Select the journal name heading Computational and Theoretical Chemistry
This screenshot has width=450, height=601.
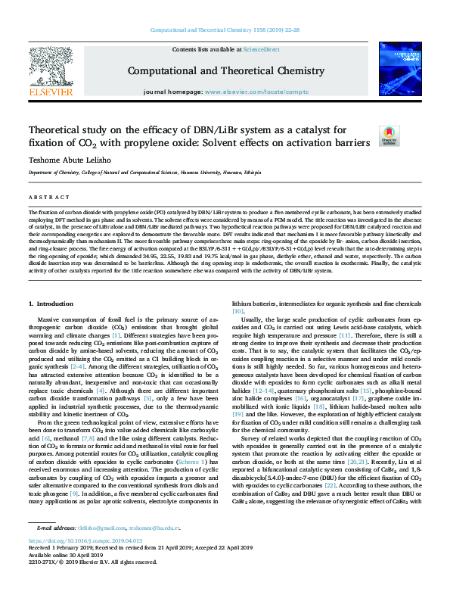224,70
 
